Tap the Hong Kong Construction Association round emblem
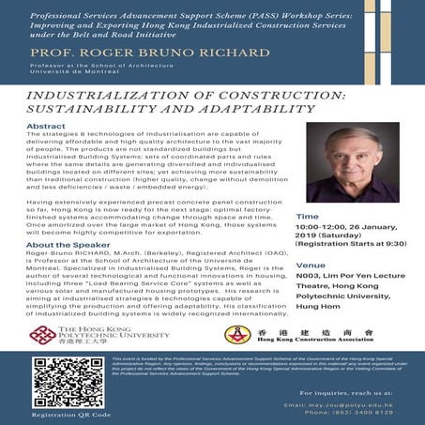[237, 336]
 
